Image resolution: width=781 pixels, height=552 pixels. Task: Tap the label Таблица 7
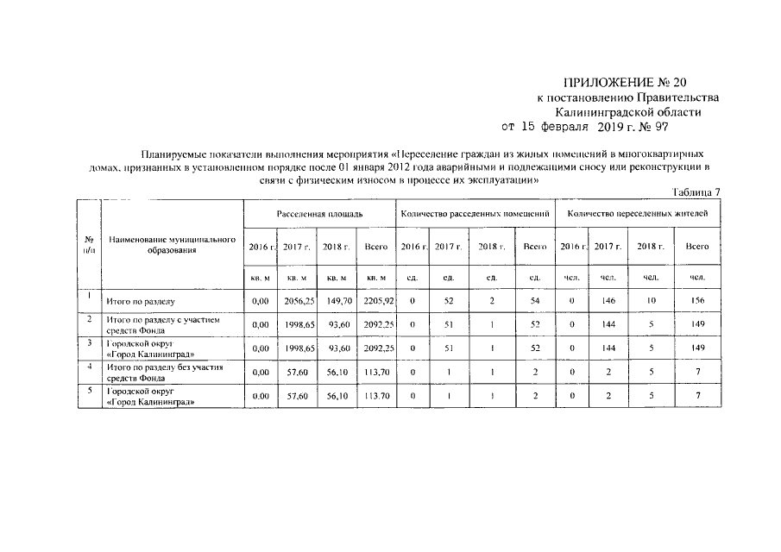[696, 191]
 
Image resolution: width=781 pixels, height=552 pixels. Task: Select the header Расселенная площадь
[319, 212]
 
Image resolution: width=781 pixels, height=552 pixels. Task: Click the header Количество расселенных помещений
[475, 212]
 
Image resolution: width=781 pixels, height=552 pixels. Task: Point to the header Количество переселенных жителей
[639, 212]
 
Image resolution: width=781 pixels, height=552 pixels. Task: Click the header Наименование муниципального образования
[172, 244]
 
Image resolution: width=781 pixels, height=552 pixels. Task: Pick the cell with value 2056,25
[298, 301]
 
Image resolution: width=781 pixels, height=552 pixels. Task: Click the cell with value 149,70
[336, 301]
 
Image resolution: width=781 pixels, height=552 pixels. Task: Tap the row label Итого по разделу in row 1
[141, 302]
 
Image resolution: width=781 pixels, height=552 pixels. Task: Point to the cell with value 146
[608, 301]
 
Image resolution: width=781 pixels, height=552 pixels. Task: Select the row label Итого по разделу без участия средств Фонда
[165, 372]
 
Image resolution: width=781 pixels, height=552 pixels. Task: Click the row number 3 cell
[89, 343]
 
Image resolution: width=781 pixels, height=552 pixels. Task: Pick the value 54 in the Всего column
[534, 301]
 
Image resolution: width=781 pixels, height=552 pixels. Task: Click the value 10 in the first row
[651, 301]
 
